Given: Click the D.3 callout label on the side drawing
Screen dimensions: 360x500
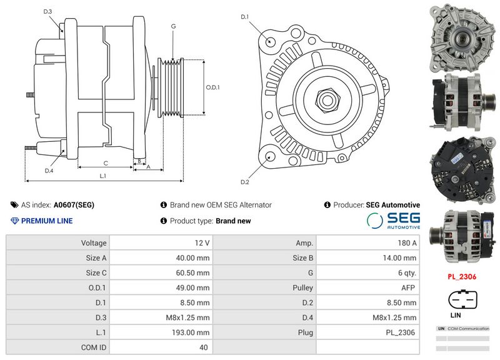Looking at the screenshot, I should (48, 12).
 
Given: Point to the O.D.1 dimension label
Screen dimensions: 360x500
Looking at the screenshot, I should (213, 87).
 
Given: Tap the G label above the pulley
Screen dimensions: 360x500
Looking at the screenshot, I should (172, 26).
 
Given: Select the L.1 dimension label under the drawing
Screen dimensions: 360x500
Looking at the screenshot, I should (103, 176).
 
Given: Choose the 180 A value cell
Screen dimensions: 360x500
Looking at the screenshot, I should (367, 242).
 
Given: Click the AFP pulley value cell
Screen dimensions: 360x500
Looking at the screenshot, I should (367, 287).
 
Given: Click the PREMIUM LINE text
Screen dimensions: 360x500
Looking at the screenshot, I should (46, 221).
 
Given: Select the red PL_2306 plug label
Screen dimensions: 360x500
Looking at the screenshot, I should (462, 276).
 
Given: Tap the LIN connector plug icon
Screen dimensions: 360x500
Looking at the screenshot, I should (462, 301).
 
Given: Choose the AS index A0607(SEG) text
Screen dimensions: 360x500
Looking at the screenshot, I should (74, 204).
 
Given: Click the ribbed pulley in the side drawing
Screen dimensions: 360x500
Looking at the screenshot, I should (171, 87).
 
